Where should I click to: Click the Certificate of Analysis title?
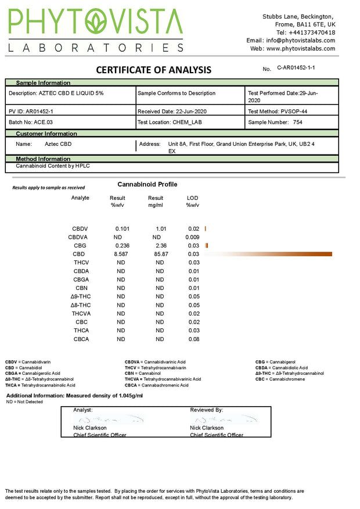[x=153, y=70]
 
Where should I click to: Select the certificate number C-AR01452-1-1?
[x=296, y=68]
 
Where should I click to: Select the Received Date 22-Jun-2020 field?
[x=172, y=111]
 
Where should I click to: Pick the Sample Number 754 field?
[x=275, y=123]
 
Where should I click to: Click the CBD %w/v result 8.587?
[x=121, y=254]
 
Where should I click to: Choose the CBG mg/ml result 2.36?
[x=161, y=246]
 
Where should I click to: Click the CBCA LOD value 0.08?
[x=194, y=339]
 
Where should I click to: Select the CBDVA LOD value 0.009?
[x=193, y=237]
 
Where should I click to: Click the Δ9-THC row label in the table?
[x=80, y=296]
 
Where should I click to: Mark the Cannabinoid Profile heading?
[x=147, y=184]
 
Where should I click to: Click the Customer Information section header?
[x=46, y=134]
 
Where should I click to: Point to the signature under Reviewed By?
[x=224, y=418]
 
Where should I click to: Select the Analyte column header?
[x=80, y=198]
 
